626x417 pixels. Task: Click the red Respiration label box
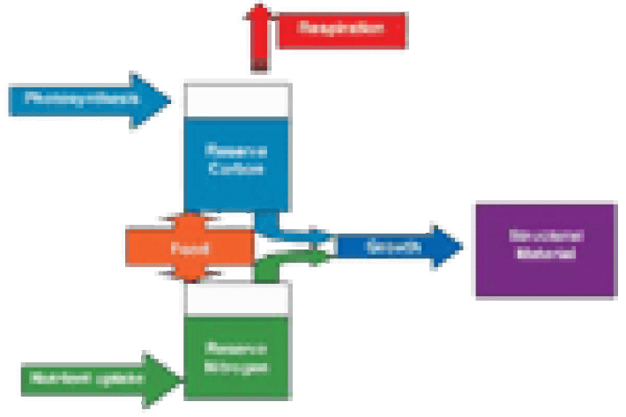[x=344, y=29]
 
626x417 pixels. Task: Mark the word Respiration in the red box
[x=344, y=29]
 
